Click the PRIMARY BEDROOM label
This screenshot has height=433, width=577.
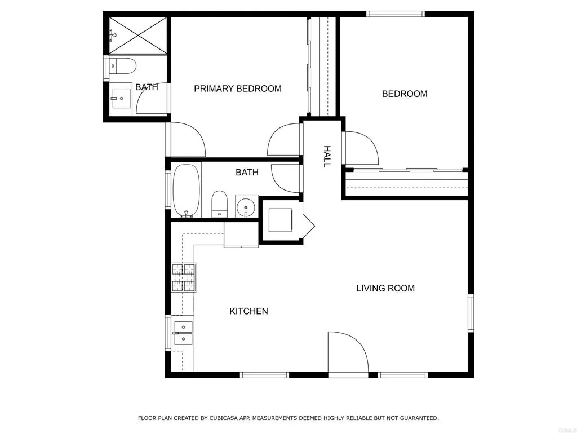(x=237, y=89)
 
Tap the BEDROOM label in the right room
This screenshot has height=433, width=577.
(x=405, y=94)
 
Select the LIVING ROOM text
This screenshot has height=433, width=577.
(x=385, y=288)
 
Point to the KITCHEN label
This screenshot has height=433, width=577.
(x=248, y=311)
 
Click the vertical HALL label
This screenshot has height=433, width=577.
(x=326, y=156)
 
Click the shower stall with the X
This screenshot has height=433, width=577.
(x=138, y=35)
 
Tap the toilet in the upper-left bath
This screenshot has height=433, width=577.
(x=122, y=66)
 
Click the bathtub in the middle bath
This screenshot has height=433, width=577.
(x=186, y=189)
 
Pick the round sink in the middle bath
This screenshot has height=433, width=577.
(x=246, y=206)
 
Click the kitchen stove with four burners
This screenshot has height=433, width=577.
(x=184, y=277)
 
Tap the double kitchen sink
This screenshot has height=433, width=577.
(x=183, y=333)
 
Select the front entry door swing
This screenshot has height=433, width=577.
(x=346, y=352)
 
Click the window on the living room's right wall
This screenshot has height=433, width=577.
(x=471, y=313)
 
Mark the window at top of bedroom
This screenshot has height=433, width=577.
(x=395, y=14)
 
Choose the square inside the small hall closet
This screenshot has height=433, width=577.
(x=280, y=220)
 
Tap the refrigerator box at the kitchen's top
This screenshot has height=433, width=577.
(x=241, y=234)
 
